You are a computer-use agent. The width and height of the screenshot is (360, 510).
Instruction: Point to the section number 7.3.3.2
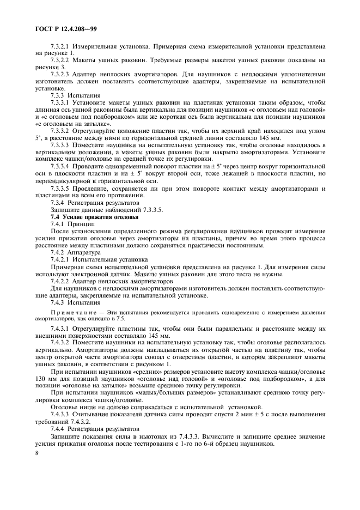61,131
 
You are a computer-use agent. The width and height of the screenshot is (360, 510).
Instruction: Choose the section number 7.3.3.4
61,165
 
